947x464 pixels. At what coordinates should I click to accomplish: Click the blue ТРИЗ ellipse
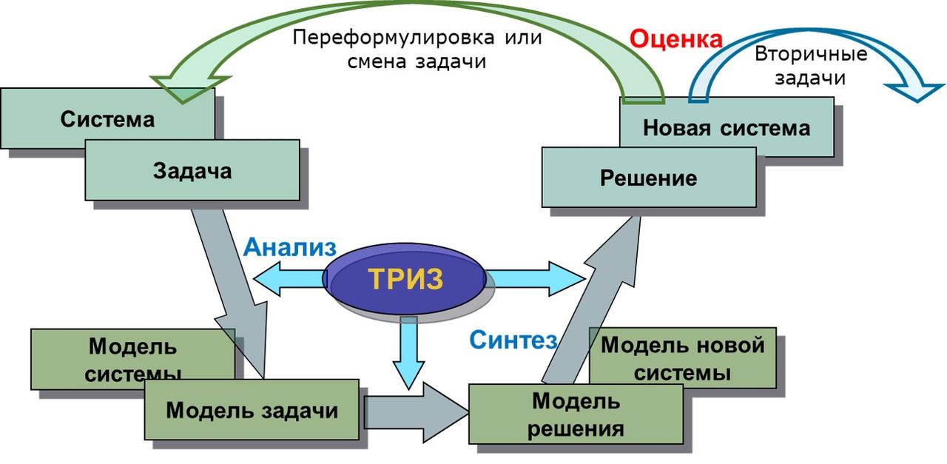(405, 279)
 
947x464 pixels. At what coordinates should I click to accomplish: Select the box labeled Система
(107, 118)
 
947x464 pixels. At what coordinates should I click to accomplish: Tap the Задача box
(192, 171)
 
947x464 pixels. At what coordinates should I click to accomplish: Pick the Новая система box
(727, 127)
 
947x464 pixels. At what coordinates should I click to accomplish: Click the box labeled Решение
(649, 178)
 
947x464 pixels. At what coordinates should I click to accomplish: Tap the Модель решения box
(576, 414)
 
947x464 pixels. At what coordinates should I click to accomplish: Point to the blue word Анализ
(290, 246)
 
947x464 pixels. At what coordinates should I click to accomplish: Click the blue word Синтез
(513, 339)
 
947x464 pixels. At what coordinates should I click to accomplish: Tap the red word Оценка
(675, 39)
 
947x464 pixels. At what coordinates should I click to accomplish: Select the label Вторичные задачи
(810, 66)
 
